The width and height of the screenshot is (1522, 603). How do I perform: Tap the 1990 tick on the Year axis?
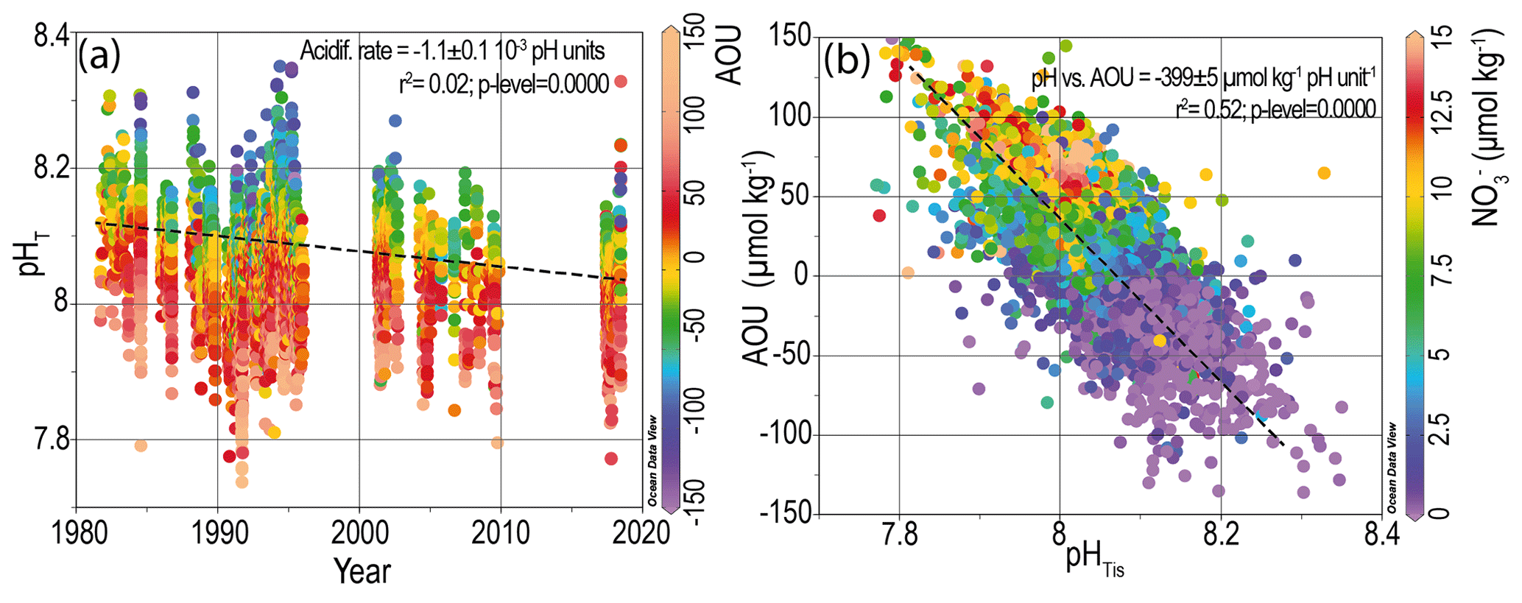(217, 532)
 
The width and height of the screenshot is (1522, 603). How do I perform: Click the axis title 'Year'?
(362, 571)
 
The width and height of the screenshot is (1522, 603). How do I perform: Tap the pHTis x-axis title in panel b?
(1094, 560)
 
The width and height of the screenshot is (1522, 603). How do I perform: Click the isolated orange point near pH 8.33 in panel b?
(1323, 173)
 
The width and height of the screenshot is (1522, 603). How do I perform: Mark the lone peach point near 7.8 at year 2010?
(497, 442)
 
